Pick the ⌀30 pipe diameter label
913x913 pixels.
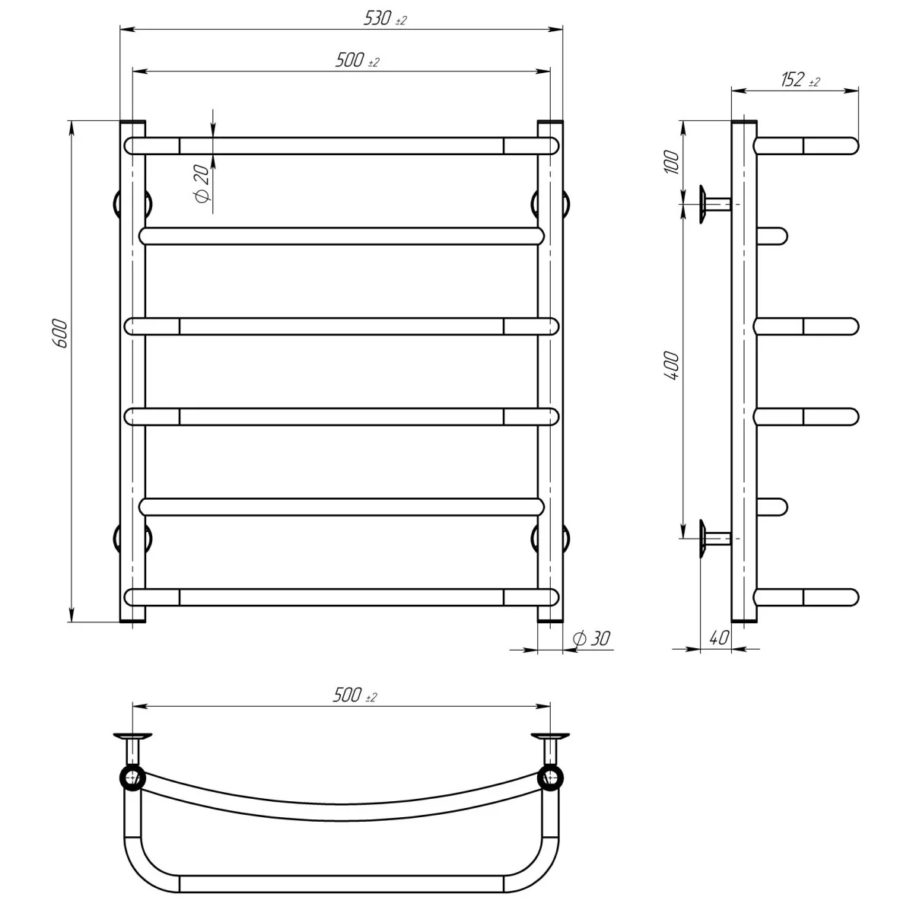coord(594,640)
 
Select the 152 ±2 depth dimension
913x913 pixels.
coord(799,81)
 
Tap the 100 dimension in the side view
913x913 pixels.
coord(671,162)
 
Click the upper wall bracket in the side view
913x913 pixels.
coord(711,204)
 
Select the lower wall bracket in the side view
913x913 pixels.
coord(711,539)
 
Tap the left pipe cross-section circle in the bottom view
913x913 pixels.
coord(132,777)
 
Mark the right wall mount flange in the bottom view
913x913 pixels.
coord(550,736)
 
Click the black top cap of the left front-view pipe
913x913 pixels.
coord(132,122)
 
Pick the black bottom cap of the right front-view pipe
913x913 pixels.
coord(550,621)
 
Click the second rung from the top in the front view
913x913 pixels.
coord(342,236)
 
